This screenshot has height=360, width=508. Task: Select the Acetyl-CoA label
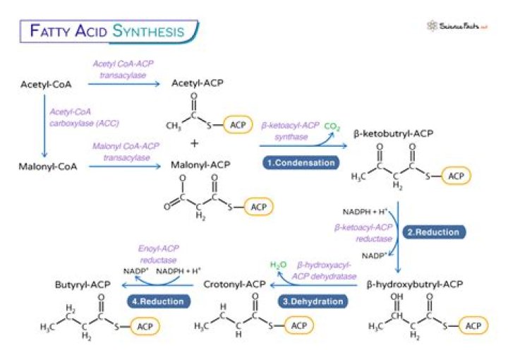[x=47, y=85]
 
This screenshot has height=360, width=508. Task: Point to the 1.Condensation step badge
[x=301, y=162]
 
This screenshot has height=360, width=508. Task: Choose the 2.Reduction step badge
[x=432, y=232]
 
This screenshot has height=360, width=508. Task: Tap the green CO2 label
[x=332, y=128]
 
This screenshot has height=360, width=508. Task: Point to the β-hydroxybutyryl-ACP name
[x=415, y=284]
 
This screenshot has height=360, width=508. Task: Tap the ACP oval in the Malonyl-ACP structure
[x=258, y=206]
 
